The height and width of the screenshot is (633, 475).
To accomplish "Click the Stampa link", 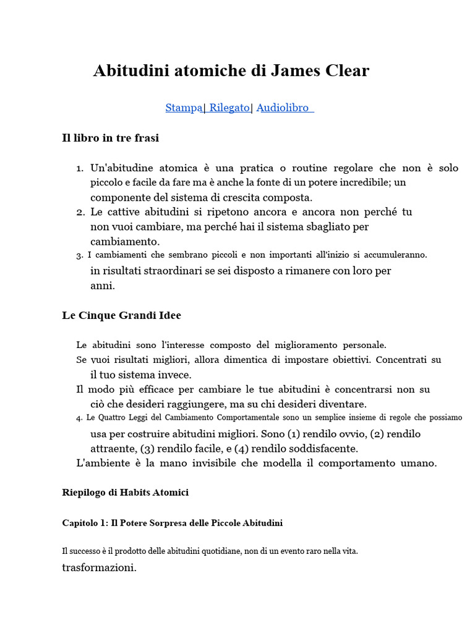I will pos(184,108).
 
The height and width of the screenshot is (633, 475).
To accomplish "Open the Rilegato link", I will pos(229,108).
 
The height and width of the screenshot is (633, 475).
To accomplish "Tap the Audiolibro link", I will pos(283,108).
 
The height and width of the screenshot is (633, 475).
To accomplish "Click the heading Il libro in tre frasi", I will pos(110,138).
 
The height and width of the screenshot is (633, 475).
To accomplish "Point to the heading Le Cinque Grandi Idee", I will pos(121,315).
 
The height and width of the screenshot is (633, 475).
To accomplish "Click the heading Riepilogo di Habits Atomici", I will pos(125,493).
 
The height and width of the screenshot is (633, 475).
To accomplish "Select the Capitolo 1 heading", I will pos(172,523).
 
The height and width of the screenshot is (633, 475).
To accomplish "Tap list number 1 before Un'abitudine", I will pos(80,168).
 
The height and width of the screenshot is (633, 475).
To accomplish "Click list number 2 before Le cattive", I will pos(80,212).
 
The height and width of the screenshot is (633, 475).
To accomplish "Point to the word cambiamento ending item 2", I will pos(125,241).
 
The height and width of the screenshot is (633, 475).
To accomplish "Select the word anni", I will pos(103,286).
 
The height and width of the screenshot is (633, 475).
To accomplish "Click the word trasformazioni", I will pos(99,567).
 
